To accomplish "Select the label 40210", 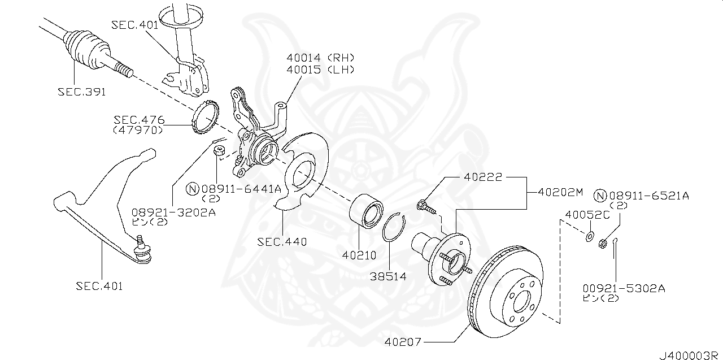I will pos(359,255).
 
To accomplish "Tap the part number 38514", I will pos(388,277).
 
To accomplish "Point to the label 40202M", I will pos(560,192).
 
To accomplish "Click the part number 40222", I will pos(483,177).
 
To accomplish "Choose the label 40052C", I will pos(587,215).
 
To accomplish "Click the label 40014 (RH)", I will pos(320,58).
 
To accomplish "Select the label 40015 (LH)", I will pos(320,70).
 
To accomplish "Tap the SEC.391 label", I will pos(81,91).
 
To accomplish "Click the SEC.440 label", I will pos(282,242).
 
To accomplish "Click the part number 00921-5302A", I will pos(624,288).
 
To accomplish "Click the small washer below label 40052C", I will pos(589,236).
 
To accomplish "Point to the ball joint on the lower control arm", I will pos(141,247).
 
